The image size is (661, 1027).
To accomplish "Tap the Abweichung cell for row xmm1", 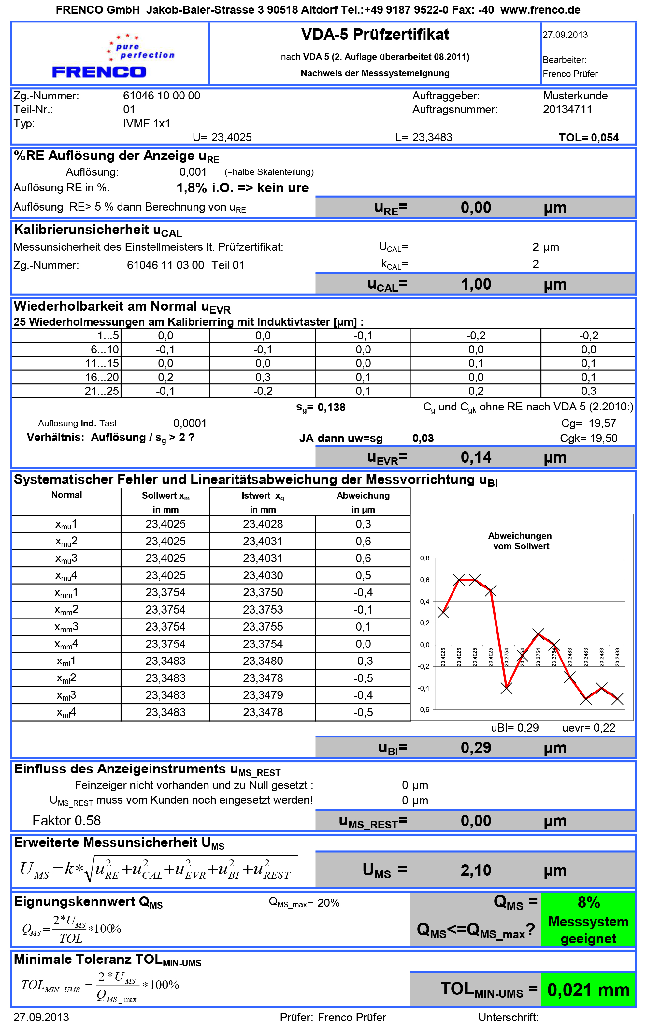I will [x=363, y=593].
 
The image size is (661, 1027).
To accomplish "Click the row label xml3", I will [x=66, y=695].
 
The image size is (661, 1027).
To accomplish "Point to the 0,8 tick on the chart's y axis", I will [x=424, y=558].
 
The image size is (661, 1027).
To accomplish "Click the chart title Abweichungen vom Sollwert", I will [x=521, y=541].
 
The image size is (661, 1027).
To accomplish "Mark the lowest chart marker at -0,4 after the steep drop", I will [x=507, y=689].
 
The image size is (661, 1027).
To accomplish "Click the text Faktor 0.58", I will [x=66, y=821].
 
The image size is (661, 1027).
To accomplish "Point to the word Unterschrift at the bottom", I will [x=508, y=1018].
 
